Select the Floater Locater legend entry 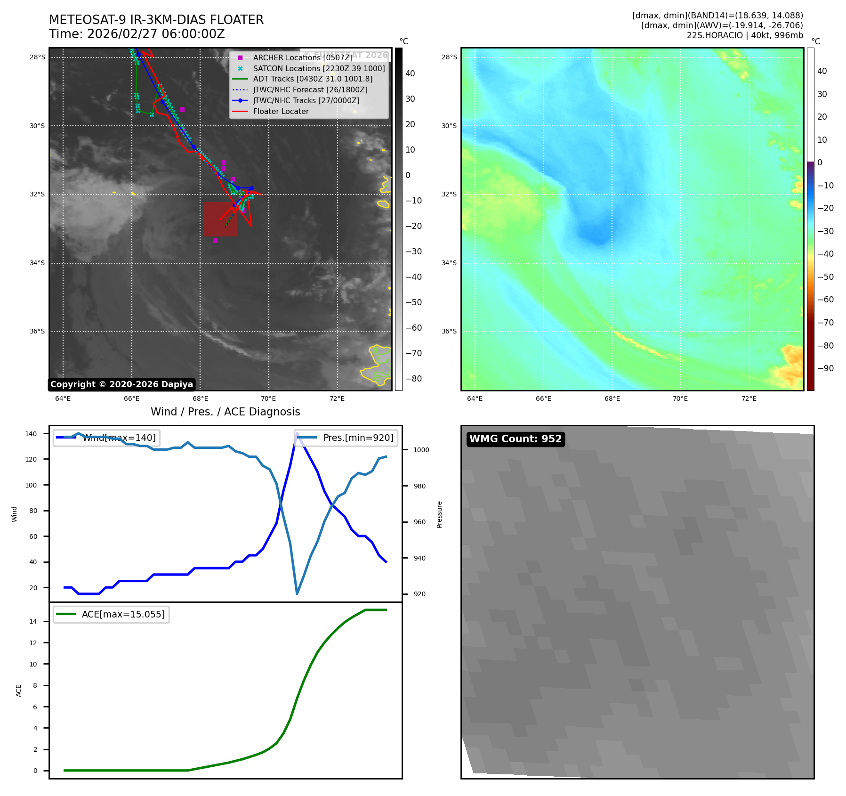(x=281, y=112)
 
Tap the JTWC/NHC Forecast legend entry (x=310, y=90)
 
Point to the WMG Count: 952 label (x=516, y=439)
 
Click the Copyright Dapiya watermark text (x=121, y=384)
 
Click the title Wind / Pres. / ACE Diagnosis (x=225, y=412)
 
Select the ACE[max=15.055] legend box (x=112, y=614)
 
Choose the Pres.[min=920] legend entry (x=346, y=438)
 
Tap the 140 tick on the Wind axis (x=31, y=434)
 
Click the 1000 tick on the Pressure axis (x=421, y=450)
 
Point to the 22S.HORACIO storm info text (x=745, y=35)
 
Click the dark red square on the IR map (x=220, y=219)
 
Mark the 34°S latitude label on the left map (x=37, y=263)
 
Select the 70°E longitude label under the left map (x=268, y=398)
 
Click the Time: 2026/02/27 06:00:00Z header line (x=137, y=34)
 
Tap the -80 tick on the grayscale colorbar (x=414, y=379)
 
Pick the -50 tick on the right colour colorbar (x=825, y=276)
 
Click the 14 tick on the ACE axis (x=33, y=621)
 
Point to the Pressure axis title (x=439, y=514)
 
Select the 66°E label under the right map (x=543, y=398)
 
